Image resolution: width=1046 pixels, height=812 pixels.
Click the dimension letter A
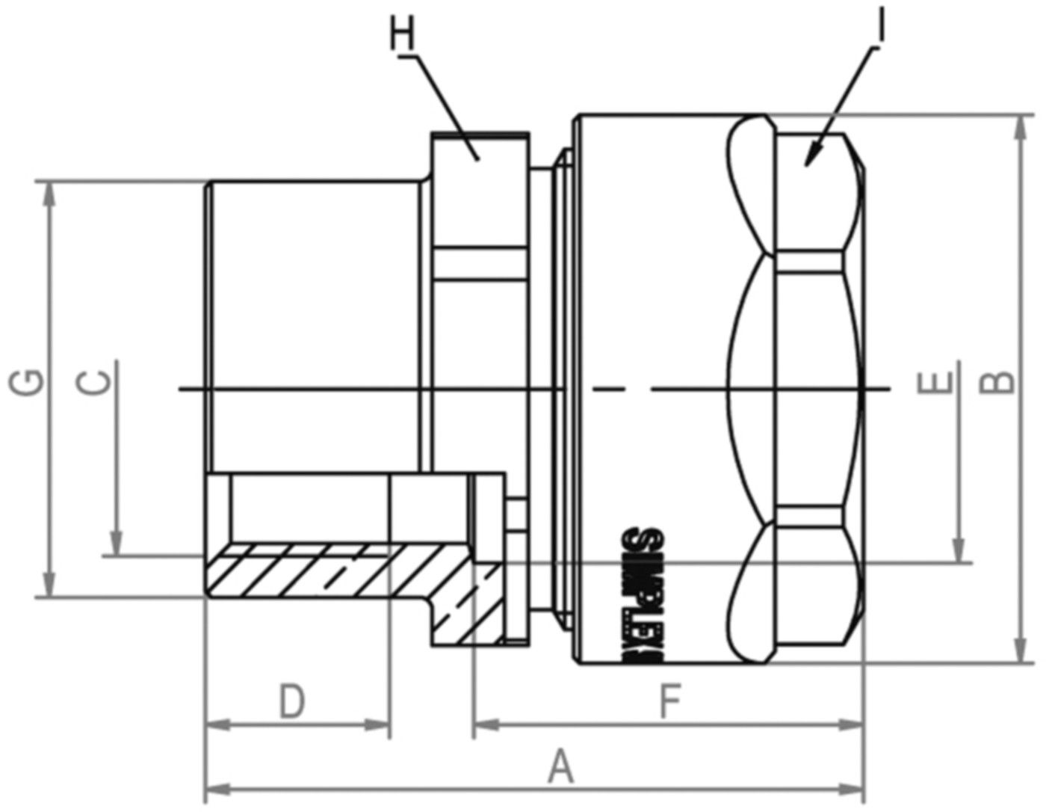pyautogui.click(x=560, y=768)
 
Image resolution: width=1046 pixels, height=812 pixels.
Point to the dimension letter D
pyautogui.click(x=292, y=702)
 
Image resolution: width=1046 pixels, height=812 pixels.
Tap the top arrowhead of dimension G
pyautogui.click(x=49, y=191)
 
